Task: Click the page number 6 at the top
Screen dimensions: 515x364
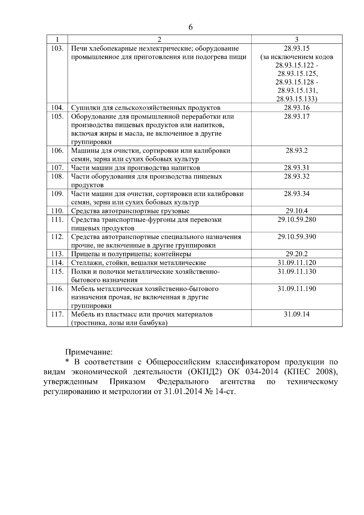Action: coord(190,27)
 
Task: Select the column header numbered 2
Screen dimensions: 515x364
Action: coord(160,39)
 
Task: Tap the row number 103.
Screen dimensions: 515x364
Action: coord(57,49)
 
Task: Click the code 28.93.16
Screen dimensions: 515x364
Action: coord(297,108)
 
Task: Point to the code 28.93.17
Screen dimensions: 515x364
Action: coord(297,117)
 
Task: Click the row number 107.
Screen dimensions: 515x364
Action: coord(57,168)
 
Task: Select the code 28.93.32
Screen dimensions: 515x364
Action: coord(297,177)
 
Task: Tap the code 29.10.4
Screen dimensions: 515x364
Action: coord(297,211)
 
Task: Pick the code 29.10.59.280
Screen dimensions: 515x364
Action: coord(297,220)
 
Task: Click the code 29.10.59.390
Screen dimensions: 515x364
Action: coord(297,237)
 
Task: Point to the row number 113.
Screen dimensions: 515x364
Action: coord(57,254)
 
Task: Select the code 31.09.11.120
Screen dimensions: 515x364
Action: coord(297,263)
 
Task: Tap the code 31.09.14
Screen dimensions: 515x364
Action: coord(297,314)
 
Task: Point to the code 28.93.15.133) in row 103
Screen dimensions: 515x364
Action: coord(297,99)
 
